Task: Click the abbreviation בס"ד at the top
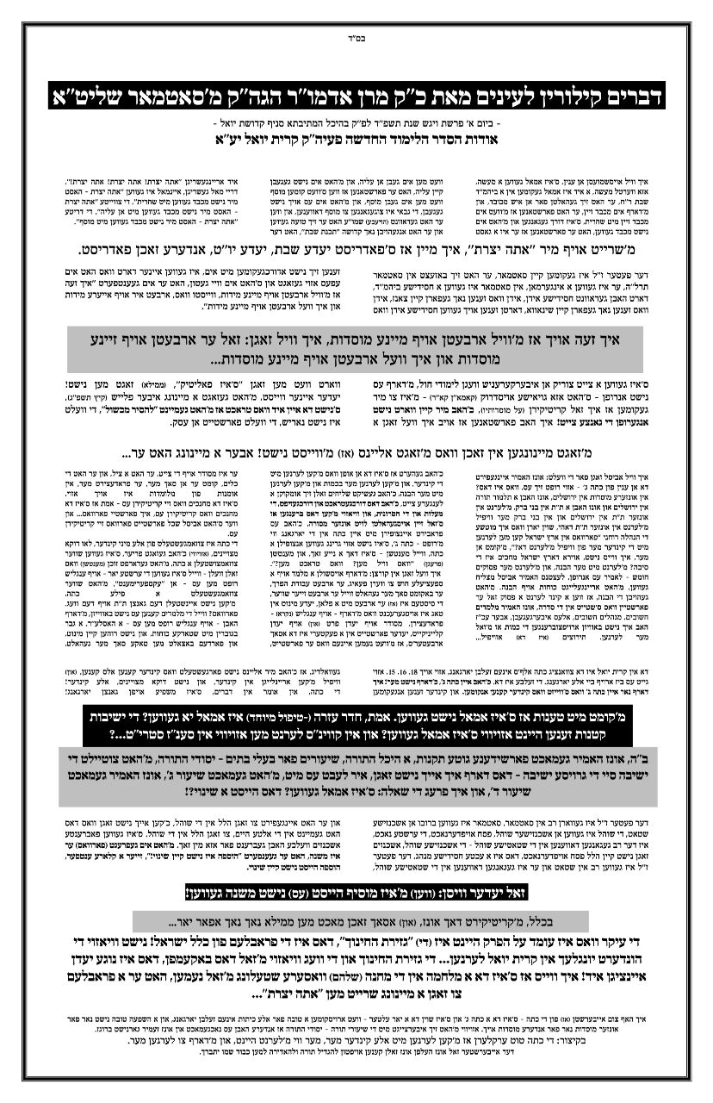tap(356, 39)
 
